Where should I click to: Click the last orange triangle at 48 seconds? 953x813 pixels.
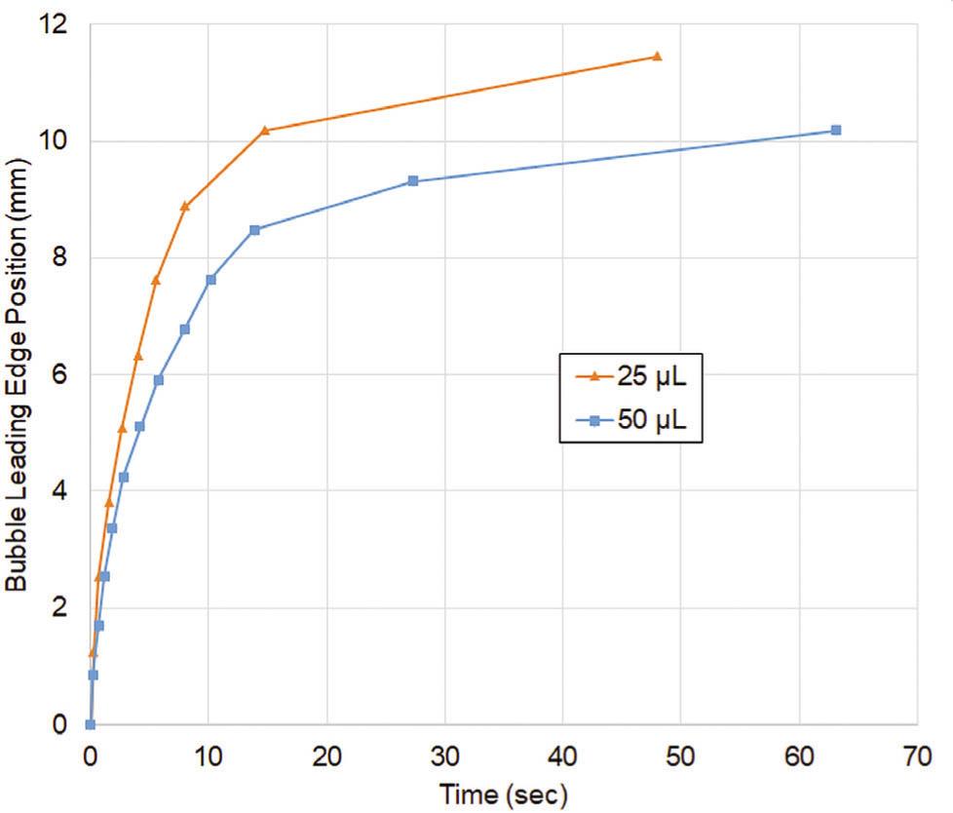[x=657, y=57]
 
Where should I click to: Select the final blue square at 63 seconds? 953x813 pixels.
[x=835, y=130]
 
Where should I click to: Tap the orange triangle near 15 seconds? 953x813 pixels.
[x=265, y=130]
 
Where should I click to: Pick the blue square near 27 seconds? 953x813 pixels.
[x=413, y=180]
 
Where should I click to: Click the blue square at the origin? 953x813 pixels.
[x=90, y=724]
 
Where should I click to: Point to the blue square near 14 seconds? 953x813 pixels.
[x=254, y=230]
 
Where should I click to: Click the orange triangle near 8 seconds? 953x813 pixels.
[x=184, y=206]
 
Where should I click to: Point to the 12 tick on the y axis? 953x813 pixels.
[x=57, y=24]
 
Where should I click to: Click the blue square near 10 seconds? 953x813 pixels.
[x=210, y=280]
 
